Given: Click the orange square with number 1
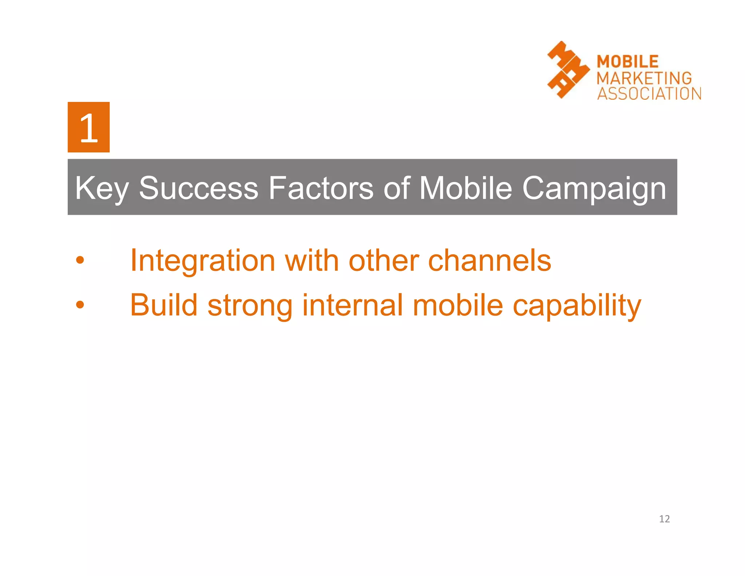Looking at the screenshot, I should click(x=88, y=127).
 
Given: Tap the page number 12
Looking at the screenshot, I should click(x=664, y=519).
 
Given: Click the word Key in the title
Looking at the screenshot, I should click(x=101, y=189).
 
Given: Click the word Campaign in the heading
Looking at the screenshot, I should click(x=594, y=189).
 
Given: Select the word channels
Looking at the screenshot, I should click(x=489, y=261).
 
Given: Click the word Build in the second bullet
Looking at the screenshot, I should click(x=164, y=305).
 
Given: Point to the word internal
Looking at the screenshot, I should click(x=352, y=305).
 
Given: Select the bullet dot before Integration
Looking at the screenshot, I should click(x=80, y=260).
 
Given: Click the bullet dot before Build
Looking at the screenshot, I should click(x=80, y=305).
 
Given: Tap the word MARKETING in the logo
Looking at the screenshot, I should click(x=644, y=78).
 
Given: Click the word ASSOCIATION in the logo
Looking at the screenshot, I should click(x=649, y=94).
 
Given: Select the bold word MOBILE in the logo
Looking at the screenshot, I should click(x=628, y=62).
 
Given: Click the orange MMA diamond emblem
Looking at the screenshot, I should click(x=568, y=70).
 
